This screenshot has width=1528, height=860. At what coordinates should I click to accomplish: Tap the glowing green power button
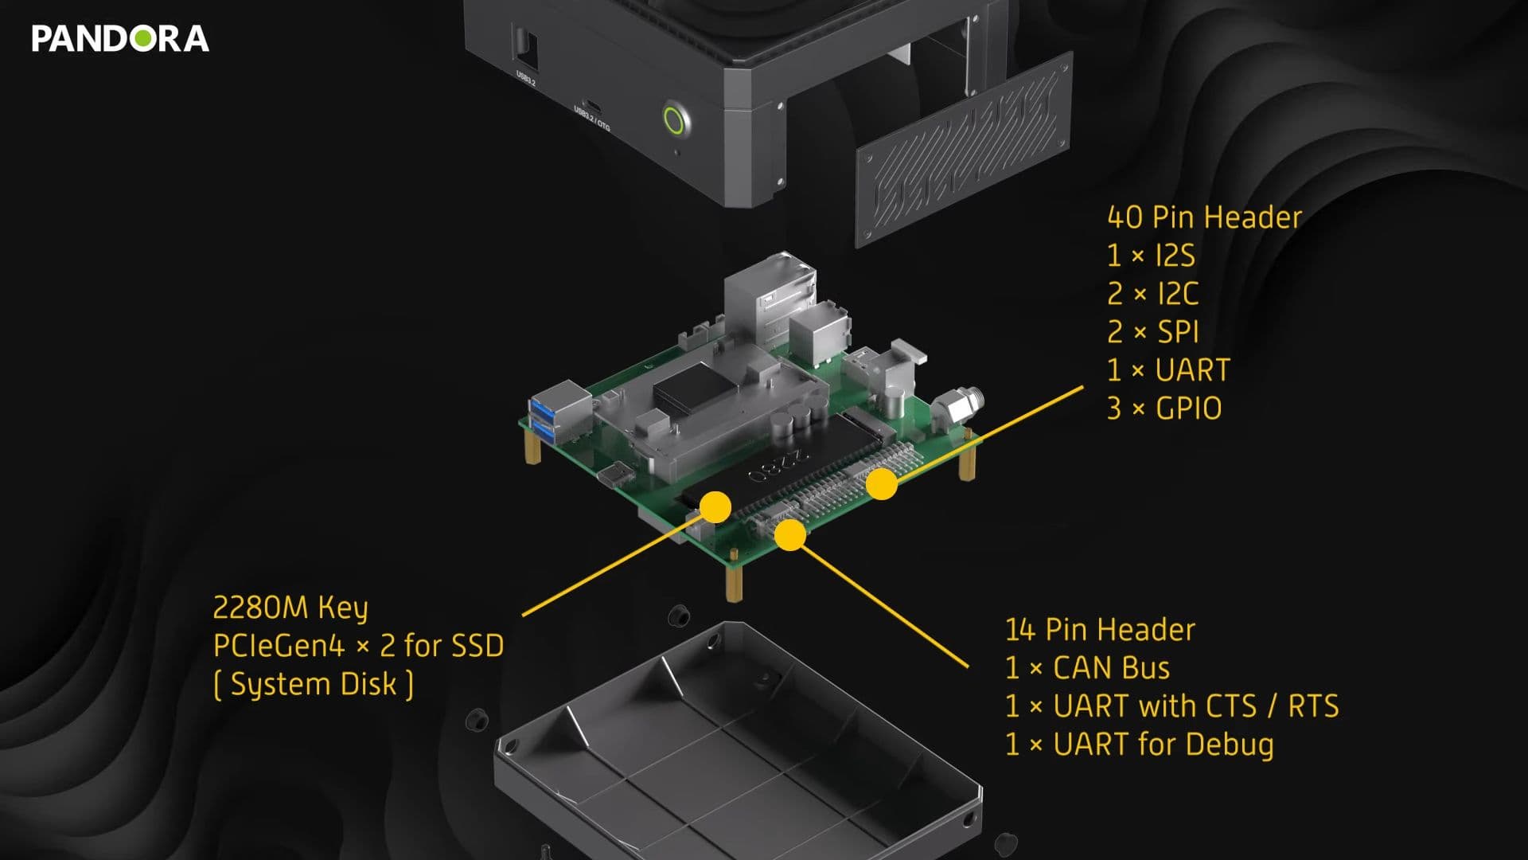(x=674, y=121)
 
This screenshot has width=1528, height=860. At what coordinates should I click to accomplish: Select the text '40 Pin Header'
(x=1204, y=217)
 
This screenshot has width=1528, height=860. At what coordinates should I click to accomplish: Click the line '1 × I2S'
(x=1151, y=256)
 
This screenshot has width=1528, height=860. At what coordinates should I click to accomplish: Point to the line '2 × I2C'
(x=1152, y=294)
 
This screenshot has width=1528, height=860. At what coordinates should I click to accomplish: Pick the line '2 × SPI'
(x=1152, y=332)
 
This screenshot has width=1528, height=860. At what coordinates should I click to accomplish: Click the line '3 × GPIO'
(x=1164, y=408)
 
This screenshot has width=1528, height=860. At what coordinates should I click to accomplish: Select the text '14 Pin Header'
(x=1100, y=630)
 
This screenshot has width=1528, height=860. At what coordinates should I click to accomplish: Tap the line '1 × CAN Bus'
(x=1087, y=668)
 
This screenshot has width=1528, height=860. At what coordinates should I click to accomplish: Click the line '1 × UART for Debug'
(x=1139, y=745)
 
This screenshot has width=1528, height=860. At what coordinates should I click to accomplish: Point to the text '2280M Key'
(x=290, y=608)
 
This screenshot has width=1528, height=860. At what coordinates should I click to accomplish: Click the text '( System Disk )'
(x=314, y=685)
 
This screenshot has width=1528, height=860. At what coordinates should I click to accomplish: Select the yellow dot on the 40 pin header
(x=881, y=484)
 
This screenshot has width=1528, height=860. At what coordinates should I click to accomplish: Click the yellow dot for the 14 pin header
(x=790, y=534)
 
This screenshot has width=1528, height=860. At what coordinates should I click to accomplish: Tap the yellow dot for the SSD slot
(x=715, y=507)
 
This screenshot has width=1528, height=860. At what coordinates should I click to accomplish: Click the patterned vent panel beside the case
(x=965, y=150)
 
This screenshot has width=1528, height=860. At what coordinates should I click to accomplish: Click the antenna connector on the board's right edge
(x=960, y=403)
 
